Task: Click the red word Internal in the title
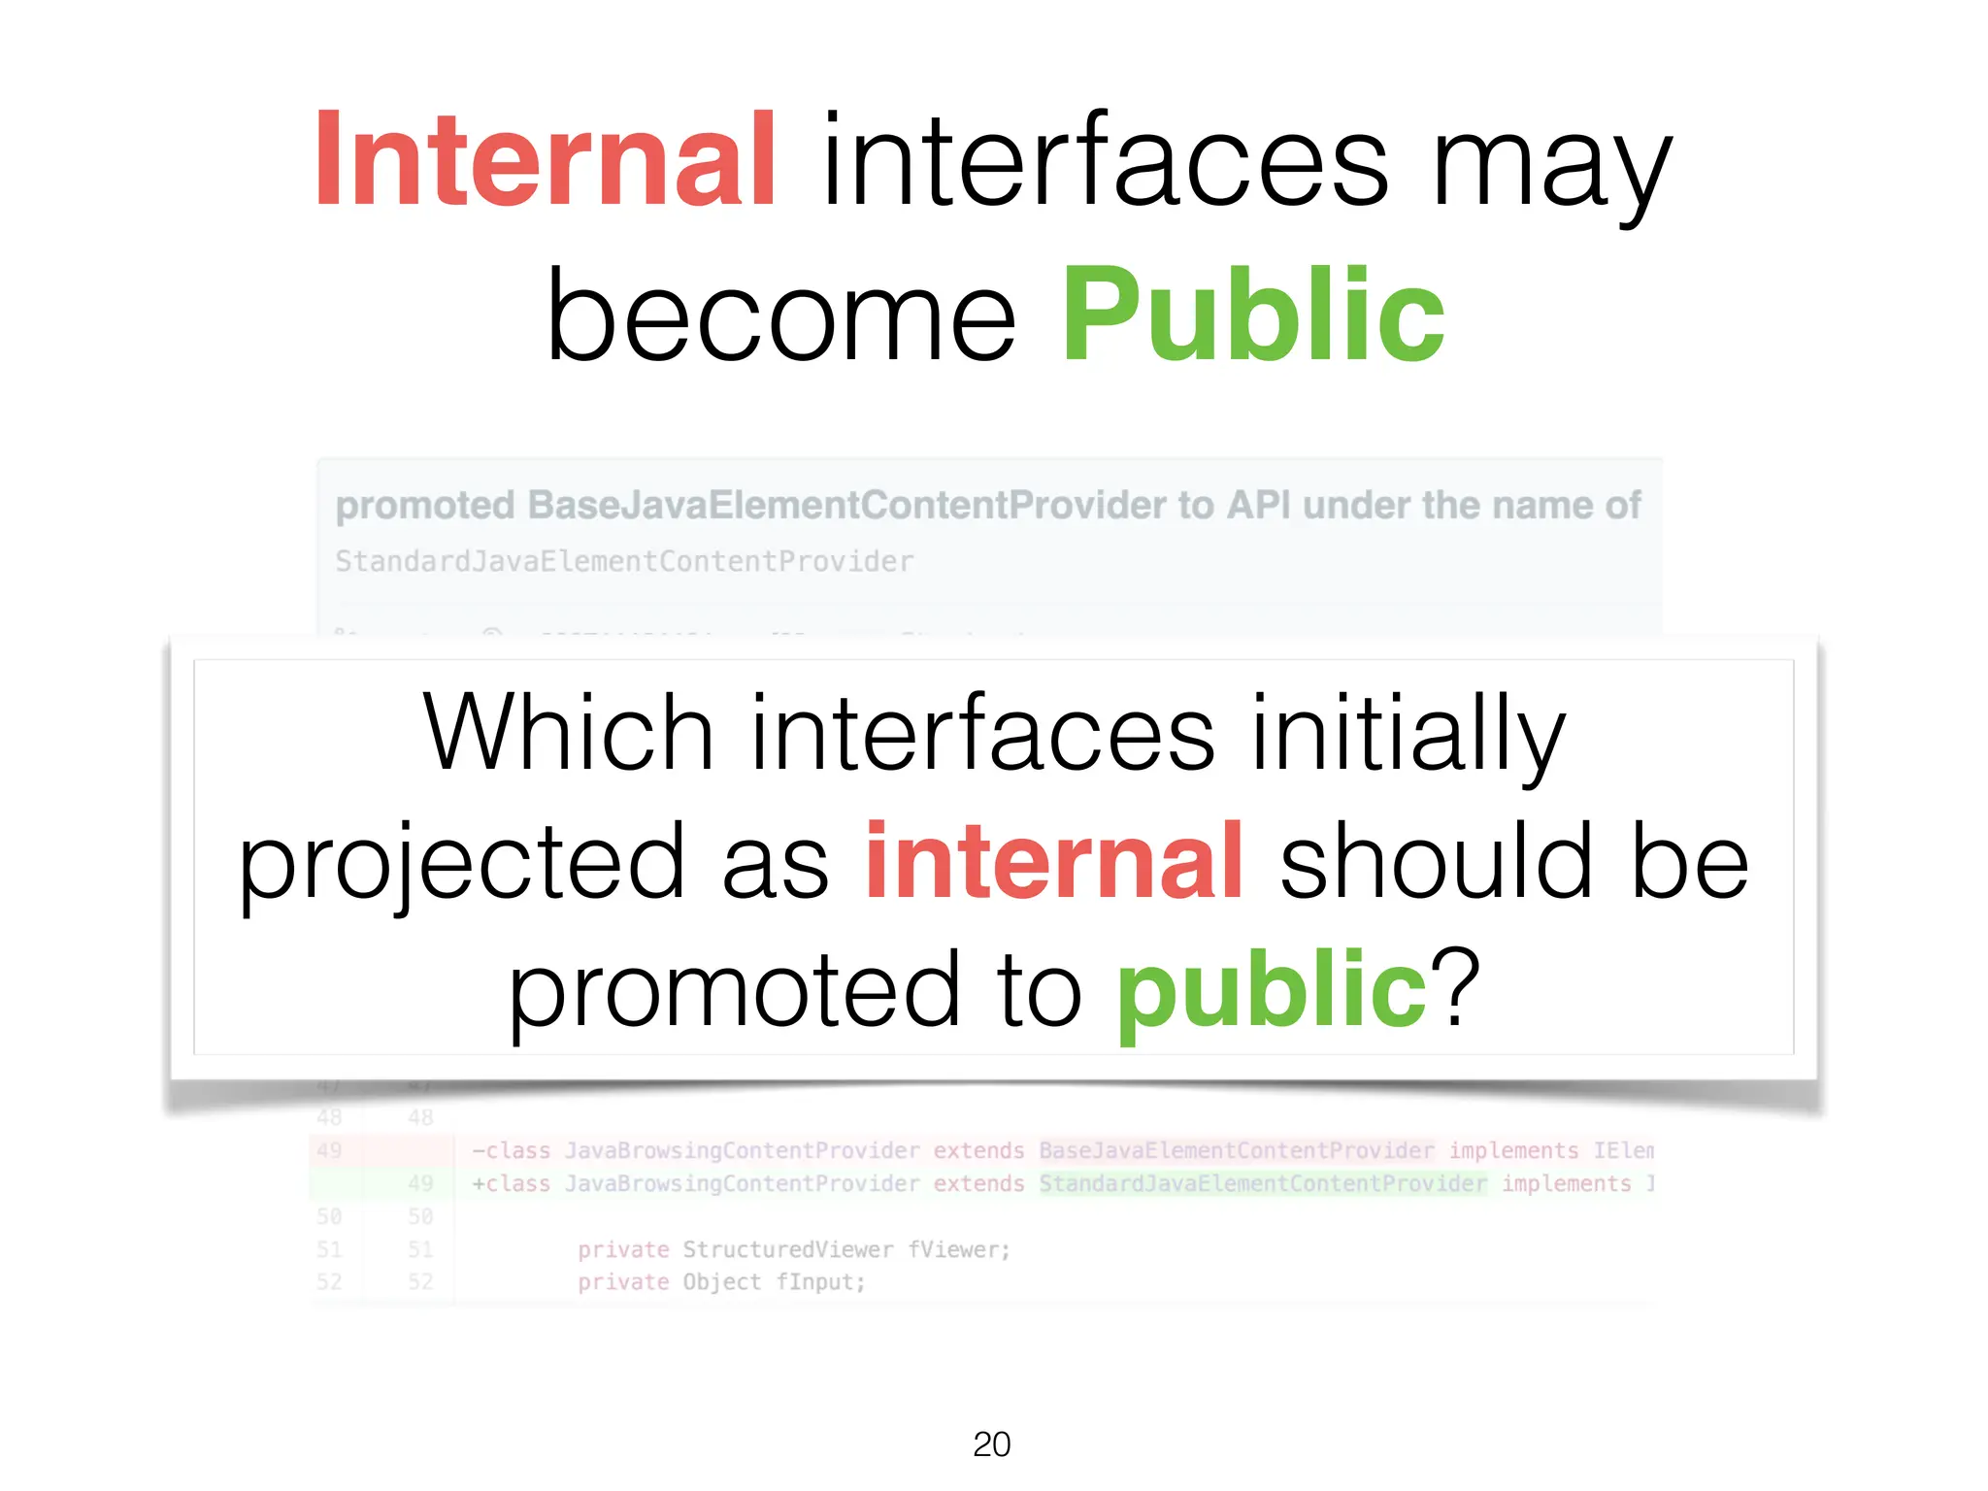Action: (545, 160)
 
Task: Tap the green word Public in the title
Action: (1252, 316)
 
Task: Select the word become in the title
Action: (781, 316)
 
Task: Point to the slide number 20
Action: (991, 1444)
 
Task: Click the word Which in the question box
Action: (568, 734)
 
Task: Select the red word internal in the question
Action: (1053, 861)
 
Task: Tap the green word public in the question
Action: (1271, 989)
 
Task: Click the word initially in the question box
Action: (1408, 734)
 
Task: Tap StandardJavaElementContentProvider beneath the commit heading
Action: (624, 561)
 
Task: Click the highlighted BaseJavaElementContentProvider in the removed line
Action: (1236, 1150)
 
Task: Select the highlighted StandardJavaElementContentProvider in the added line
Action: (1262, 1184)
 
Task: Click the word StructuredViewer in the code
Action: (787, 1249)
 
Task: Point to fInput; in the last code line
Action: (820, 1282)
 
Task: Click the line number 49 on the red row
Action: (329, 1150)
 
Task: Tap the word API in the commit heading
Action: (1258, 506)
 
